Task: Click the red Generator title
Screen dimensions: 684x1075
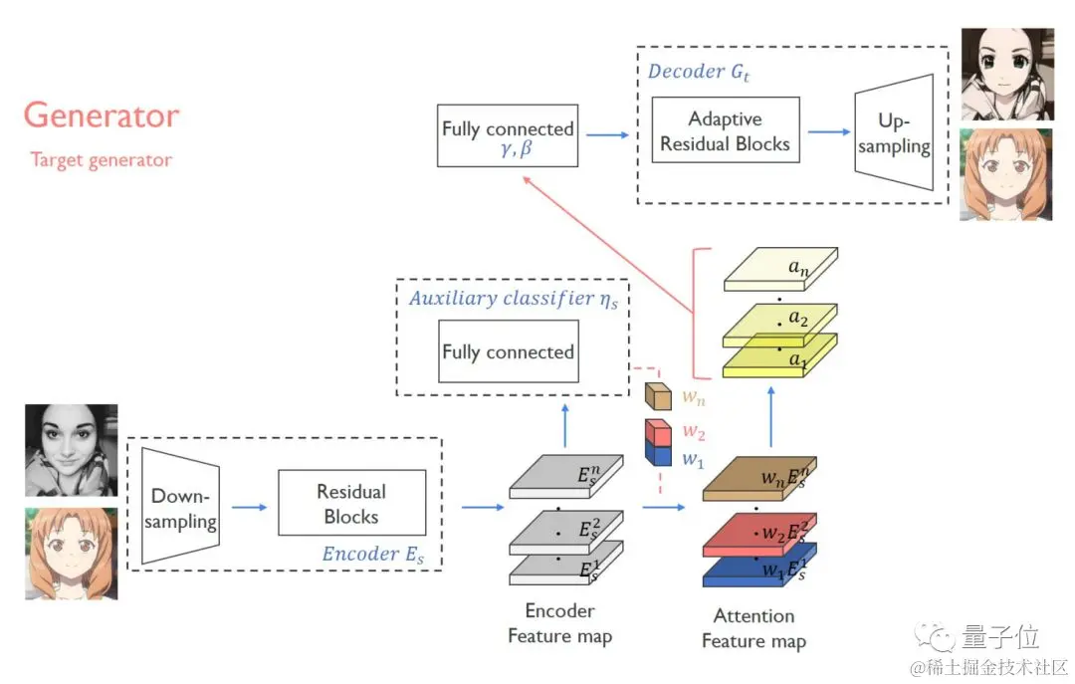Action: [102, 115]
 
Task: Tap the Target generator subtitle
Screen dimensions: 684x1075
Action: [101, 159]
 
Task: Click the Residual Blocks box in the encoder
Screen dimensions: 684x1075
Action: [351, 504]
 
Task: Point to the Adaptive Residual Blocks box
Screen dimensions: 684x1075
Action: [726, 131]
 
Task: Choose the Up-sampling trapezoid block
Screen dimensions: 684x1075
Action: [893, 132]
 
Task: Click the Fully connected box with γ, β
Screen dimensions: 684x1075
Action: [508, 135]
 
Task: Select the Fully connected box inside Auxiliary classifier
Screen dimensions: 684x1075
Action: [508, 351]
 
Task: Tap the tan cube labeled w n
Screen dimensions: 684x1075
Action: [659, 395]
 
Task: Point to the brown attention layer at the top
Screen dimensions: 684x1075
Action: [759, 478]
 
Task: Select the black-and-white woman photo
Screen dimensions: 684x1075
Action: [71, 449]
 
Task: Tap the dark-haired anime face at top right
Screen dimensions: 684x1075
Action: [1006, 75]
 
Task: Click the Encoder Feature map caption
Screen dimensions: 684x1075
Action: [559, 623]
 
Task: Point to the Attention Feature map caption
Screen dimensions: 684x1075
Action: [753, 628]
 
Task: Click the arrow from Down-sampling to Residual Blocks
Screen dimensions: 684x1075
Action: [249, 507]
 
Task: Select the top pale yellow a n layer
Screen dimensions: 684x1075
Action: [781, 268]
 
